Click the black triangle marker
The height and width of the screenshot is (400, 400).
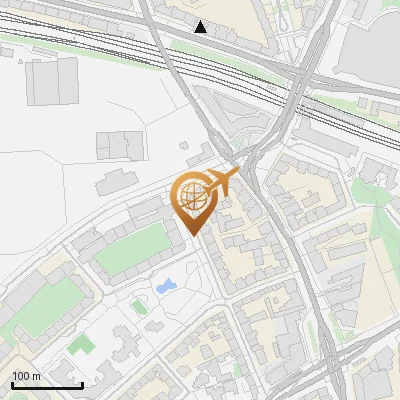[201, 27]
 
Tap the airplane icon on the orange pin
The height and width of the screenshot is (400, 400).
[223, 180]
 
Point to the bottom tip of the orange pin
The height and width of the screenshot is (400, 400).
[193, 236]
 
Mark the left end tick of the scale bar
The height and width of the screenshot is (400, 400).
[11, 384]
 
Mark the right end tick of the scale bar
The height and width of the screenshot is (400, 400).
[82, 384]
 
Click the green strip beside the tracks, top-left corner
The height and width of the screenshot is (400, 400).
[30, 46]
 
